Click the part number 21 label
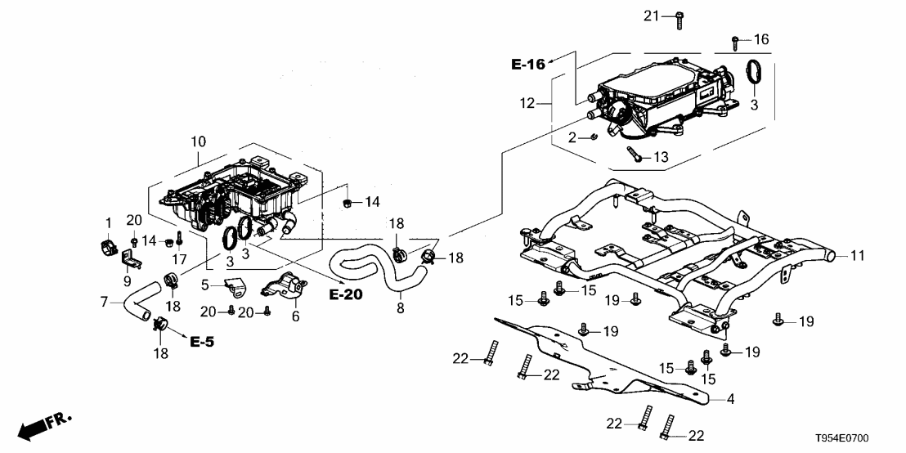[x=650, y=16]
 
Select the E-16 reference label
[x=528, y=65]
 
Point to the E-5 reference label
[x=202, y=342]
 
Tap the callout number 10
[x=199, y=141]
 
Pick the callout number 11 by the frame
[x=856, y=256]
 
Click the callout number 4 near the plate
[x=729, y=400]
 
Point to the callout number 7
[x=103, y=303]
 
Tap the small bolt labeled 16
[x=735, y=39]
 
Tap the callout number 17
[x=177, y=259]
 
